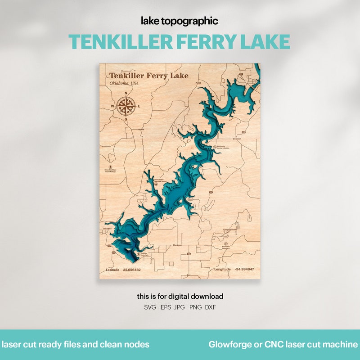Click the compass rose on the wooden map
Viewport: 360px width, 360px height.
[x=126, y=106]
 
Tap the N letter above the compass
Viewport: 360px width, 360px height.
[x=126, y=94]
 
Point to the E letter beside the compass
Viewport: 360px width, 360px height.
[x=139, y=106]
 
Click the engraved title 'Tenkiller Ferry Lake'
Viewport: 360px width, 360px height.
[x=148, y=76]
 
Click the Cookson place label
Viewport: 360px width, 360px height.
[x=237, y=139]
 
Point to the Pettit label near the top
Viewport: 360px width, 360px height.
[x=198, y=83]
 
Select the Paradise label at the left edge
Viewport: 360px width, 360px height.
[x=107, y=229]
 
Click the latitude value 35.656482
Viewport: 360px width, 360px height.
[x=132, y=270]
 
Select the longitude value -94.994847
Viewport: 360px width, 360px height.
[x=244, y=269]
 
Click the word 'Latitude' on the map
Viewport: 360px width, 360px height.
[x=113, y=270]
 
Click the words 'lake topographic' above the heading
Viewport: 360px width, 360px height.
[x=180, y=21]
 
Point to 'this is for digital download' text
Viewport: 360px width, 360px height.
[x=180, y=297]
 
